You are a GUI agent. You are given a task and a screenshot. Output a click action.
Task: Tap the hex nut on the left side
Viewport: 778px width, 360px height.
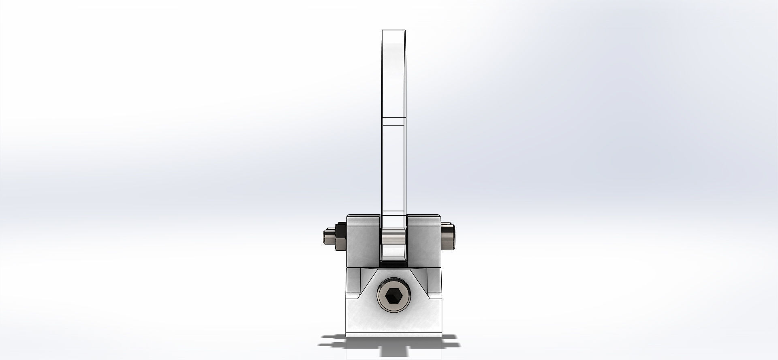click(x=339, y=239)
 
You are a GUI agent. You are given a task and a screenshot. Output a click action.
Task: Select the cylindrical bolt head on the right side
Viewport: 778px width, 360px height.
click(x=448, y=238)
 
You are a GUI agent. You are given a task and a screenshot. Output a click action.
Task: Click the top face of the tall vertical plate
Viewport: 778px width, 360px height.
click(x=393, y=31)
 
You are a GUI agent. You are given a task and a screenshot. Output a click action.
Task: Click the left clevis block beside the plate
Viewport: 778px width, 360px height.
click(x=363, y=243)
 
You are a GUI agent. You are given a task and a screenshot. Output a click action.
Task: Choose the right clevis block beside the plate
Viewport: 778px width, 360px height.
click(x=424, y=243)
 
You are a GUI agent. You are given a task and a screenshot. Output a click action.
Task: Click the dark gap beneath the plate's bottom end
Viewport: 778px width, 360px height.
click(x=393, y=263)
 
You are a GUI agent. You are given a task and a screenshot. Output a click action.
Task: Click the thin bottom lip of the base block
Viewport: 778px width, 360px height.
click(x=393, y=334)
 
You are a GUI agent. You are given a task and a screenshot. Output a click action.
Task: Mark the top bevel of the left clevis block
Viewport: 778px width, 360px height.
click(x=363, y=215)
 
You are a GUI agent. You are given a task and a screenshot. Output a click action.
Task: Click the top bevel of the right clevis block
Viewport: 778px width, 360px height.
click(x=424, y=215)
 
